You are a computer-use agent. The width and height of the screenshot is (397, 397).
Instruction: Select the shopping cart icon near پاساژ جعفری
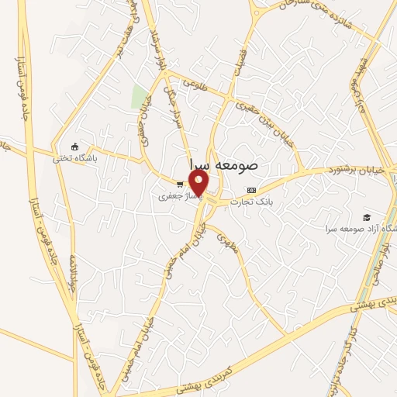tap(180, 185)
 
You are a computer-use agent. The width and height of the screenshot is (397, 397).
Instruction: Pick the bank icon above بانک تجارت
tap(250, 190)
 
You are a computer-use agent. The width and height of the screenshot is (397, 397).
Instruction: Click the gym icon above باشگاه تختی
tap(74, 147)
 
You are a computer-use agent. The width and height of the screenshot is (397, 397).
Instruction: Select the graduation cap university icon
tap(365, 217)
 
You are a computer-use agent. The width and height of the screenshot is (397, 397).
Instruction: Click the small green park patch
tap(140, 98)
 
